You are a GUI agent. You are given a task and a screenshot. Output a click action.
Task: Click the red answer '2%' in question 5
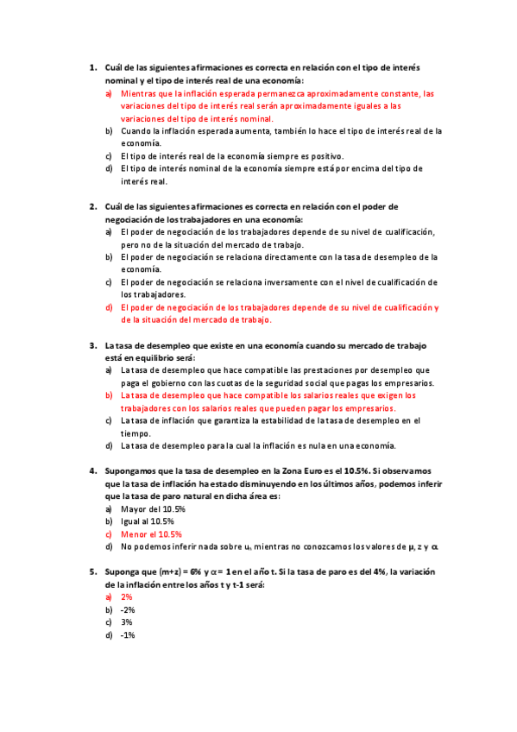coord(127,597)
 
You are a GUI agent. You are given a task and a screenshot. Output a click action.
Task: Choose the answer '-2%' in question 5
coord(128,609)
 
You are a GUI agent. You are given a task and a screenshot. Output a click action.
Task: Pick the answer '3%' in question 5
coord(127,622)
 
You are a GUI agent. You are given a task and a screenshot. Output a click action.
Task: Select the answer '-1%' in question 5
coord(128,635)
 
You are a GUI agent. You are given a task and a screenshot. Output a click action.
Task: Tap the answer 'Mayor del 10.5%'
coord(153,509)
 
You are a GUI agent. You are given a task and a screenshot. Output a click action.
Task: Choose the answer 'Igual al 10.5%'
coord(148,521)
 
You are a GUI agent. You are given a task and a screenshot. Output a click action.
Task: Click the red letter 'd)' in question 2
coord(110,307)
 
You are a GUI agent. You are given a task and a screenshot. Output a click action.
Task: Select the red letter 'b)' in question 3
coord(110,395)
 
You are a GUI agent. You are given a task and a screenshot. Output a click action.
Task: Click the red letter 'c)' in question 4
coord(110,534)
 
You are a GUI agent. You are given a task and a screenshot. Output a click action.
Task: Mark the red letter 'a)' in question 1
coord(110,93)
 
